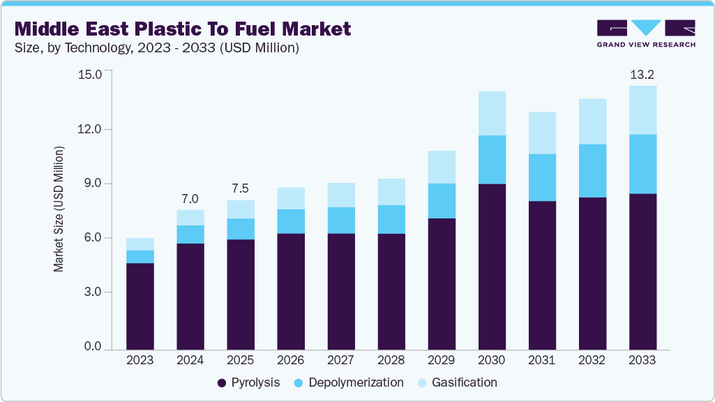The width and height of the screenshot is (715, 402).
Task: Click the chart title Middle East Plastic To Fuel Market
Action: (182, 29)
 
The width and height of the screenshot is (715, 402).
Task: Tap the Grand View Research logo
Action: (646, 33)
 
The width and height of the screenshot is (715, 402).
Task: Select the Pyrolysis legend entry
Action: (249, 382)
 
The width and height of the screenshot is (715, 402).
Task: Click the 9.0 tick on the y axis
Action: (92, 184)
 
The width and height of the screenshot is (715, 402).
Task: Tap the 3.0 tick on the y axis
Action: (92, 292)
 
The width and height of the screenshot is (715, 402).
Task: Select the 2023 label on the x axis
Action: (140, 360)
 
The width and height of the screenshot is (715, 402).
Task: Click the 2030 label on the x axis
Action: (492, 360)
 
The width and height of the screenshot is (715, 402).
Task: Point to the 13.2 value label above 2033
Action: (642, 74)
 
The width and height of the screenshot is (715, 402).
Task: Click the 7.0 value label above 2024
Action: (190, 198)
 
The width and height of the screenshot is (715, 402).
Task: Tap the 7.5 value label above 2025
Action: (241, 188)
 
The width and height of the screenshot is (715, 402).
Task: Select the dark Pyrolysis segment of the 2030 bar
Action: (492, 265)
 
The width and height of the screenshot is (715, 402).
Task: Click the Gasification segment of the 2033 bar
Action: (642, 110)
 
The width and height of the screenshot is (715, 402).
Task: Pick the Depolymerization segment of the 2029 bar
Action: (442, 201)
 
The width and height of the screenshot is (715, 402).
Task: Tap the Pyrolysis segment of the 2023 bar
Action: (140, 306)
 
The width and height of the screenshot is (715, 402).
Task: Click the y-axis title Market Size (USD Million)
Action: (59, 209)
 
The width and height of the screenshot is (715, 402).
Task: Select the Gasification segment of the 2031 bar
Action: (542, 133)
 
